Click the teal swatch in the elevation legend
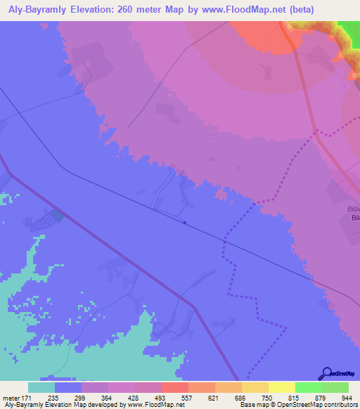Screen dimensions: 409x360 41,387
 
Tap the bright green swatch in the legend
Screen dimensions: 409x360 309,387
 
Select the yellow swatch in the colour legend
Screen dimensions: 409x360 281,387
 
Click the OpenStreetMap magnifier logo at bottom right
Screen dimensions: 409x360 326,373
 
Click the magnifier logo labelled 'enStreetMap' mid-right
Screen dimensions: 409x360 333,188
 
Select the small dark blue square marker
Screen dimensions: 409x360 184,223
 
